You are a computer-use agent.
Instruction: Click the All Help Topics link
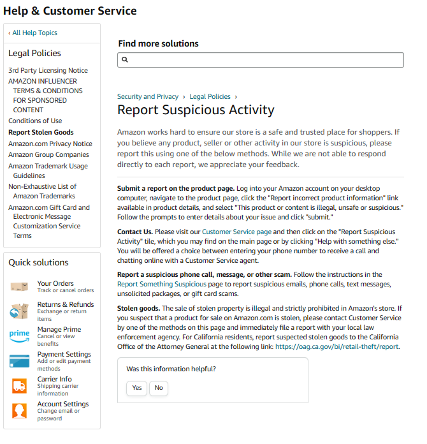pos(33,33)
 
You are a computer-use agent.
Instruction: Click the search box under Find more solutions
pos(261,59)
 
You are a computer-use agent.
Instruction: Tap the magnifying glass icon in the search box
pos(125,59)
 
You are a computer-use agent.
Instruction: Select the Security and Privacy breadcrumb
pos(148,97)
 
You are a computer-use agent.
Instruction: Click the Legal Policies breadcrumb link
pos(210,97)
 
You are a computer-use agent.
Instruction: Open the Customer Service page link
pos(236,232)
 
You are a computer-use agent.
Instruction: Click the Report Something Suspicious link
pos(162,284)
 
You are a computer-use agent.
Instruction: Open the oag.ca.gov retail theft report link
pos(337,346)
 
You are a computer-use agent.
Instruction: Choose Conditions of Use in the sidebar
pos(35,121)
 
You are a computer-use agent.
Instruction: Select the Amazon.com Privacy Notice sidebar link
pos(50,144)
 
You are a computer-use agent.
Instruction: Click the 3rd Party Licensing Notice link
pos(48,70)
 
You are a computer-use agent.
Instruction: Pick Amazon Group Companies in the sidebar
pos(48,155)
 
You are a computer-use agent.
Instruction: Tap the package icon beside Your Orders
pos(19,287)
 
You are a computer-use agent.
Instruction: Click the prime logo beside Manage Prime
pos(19,334)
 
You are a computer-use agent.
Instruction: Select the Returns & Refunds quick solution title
pos(65,304)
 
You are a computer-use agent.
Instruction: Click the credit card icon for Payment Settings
pos(19,360)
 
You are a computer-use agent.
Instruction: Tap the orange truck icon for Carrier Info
pos(19,385)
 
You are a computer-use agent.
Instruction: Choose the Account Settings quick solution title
pos(62,404)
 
